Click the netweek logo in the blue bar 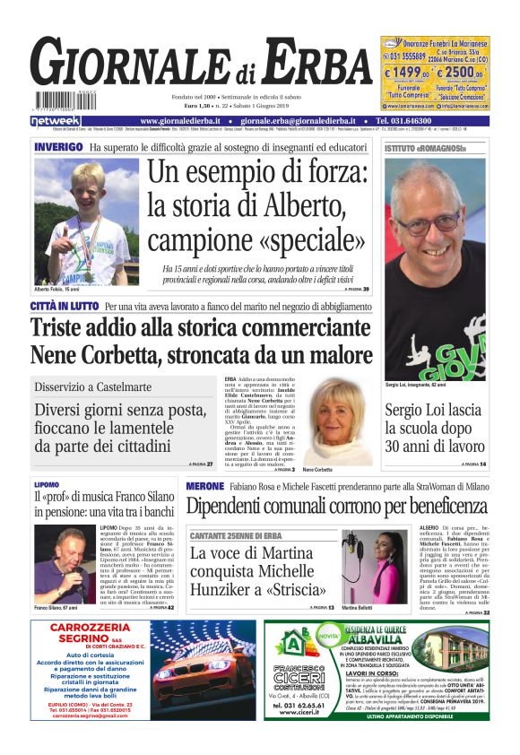(56, 121)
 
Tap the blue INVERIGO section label (58, 147)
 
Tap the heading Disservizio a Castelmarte (93, 387)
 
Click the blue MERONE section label (204, 486)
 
